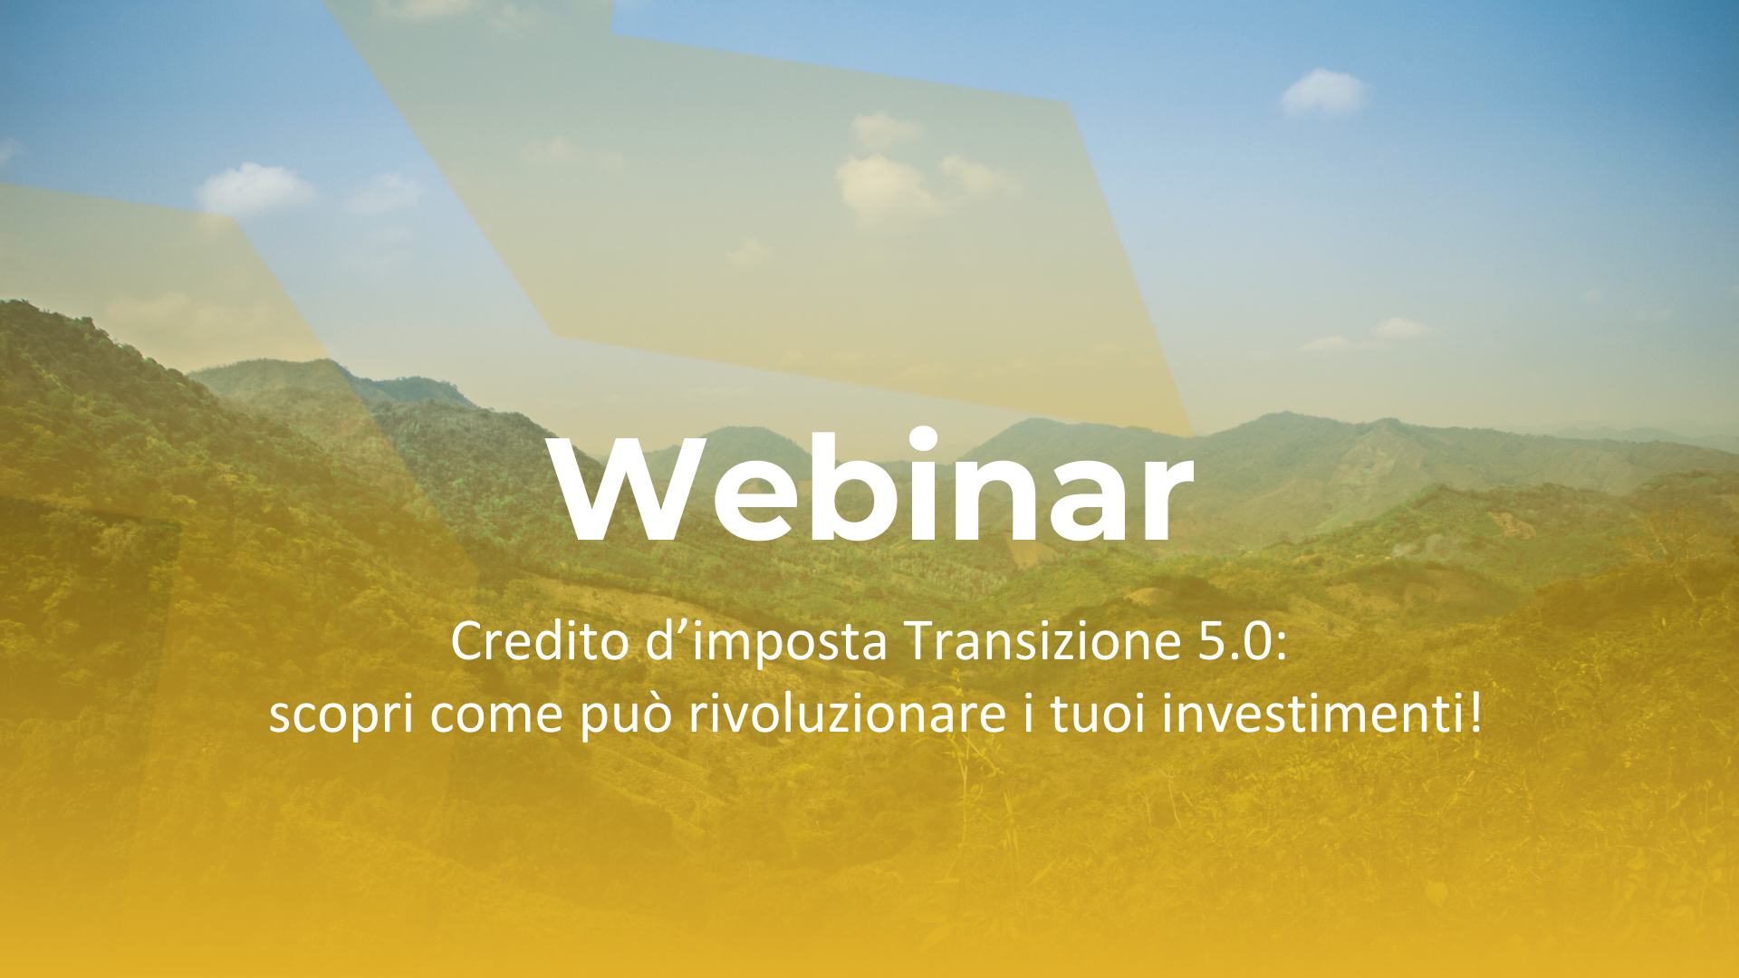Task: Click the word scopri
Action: coord(341,714)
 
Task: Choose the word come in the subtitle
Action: coord(497,714)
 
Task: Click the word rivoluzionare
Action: coord(847,714)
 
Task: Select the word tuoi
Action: coord(1099,714)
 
